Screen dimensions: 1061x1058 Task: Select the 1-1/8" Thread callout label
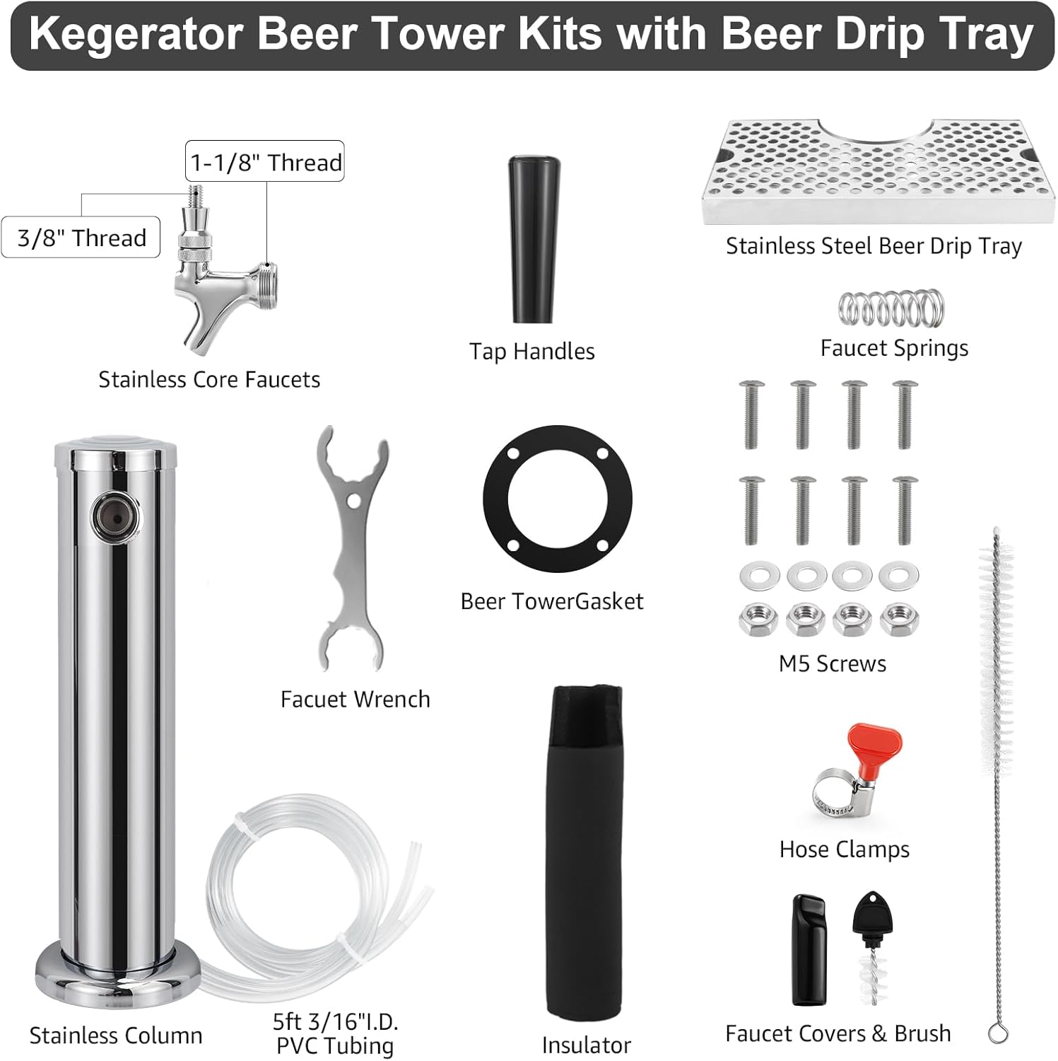click(265, 162)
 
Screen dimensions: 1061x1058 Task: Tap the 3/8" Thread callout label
click(81, 238)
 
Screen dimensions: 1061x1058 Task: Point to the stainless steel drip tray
click(876, 173)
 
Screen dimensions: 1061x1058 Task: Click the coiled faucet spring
click(892, 308)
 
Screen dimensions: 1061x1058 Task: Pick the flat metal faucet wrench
click(352, 548)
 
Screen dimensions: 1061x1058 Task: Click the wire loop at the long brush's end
click(997, 1033)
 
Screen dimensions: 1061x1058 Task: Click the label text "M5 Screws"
click(832, 663)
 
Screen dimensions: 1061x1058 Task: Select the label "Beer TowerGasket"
click(551, 601)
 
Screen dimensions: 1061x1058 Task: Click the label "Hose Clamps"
click(844, 849)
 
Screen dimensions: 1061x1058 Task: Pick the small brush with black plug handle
click(874, 948)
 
